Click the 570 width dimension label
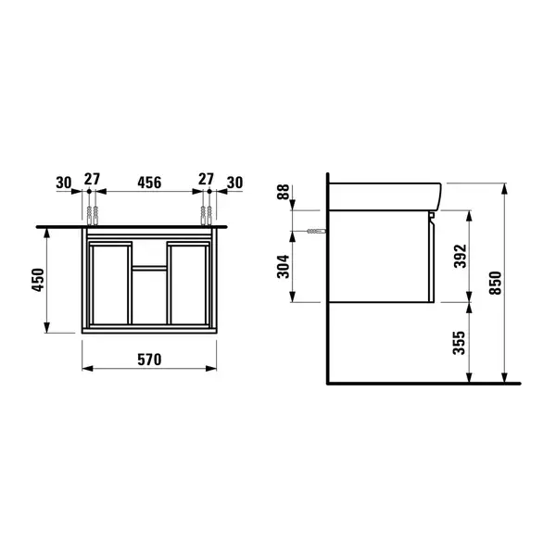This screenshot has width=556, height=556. (x=149, y=360)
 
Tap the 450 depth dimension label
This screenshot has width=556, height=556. (x=38, y=280)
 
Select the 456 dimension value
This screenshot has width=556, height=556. (x=149, y=183)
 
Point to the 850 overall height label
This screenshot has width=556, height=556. (x=496, y=283)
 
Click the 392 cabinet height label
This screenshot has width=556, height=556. (x=461, y=256)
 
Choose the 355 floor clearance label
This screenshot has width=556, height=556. (x=460, y=343)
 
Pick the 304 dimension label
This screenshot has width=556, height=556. (x=284, y=267)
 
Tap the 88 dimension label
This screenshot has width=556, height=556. (x=284, y=192)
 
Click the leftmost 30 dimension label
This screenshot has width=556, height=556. (x=64, y=183)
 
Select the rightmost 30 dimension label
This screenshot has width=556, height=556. (x=234, y=183)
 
